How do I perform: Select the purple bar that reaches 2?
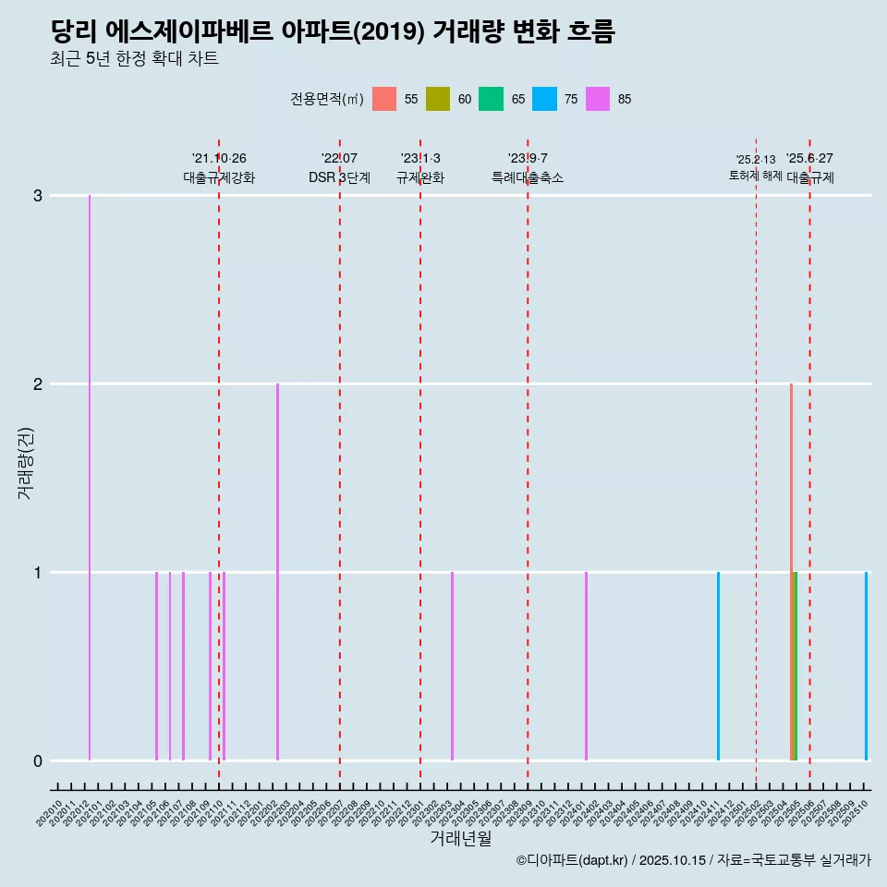point(277,572)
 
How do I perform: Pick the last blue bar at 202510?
point(866,666)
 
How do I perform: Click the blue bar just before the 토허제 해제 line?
point(718,666)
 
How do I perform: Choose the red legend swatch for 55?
point(384,99)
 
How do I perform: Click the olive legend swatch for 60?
point(438,99)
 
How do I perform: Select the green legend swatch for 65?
point(491,99)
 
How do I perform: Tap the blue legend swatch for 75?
point(544,99)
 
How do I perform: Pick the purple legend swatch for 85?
point(598,99)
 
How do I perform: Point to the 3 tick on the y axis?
point(38,196)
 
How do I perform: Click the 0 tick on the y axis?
point(38,761)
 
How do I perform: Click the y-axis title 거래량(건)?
point(25,463)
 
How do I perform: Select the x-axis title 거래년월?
point(460,838)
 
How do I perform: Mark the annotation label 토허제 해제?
point(755,176)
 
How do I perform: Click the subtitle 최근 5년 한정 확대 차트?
point(135,59)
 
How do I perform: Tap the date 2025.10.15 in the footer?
point(672,860)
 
